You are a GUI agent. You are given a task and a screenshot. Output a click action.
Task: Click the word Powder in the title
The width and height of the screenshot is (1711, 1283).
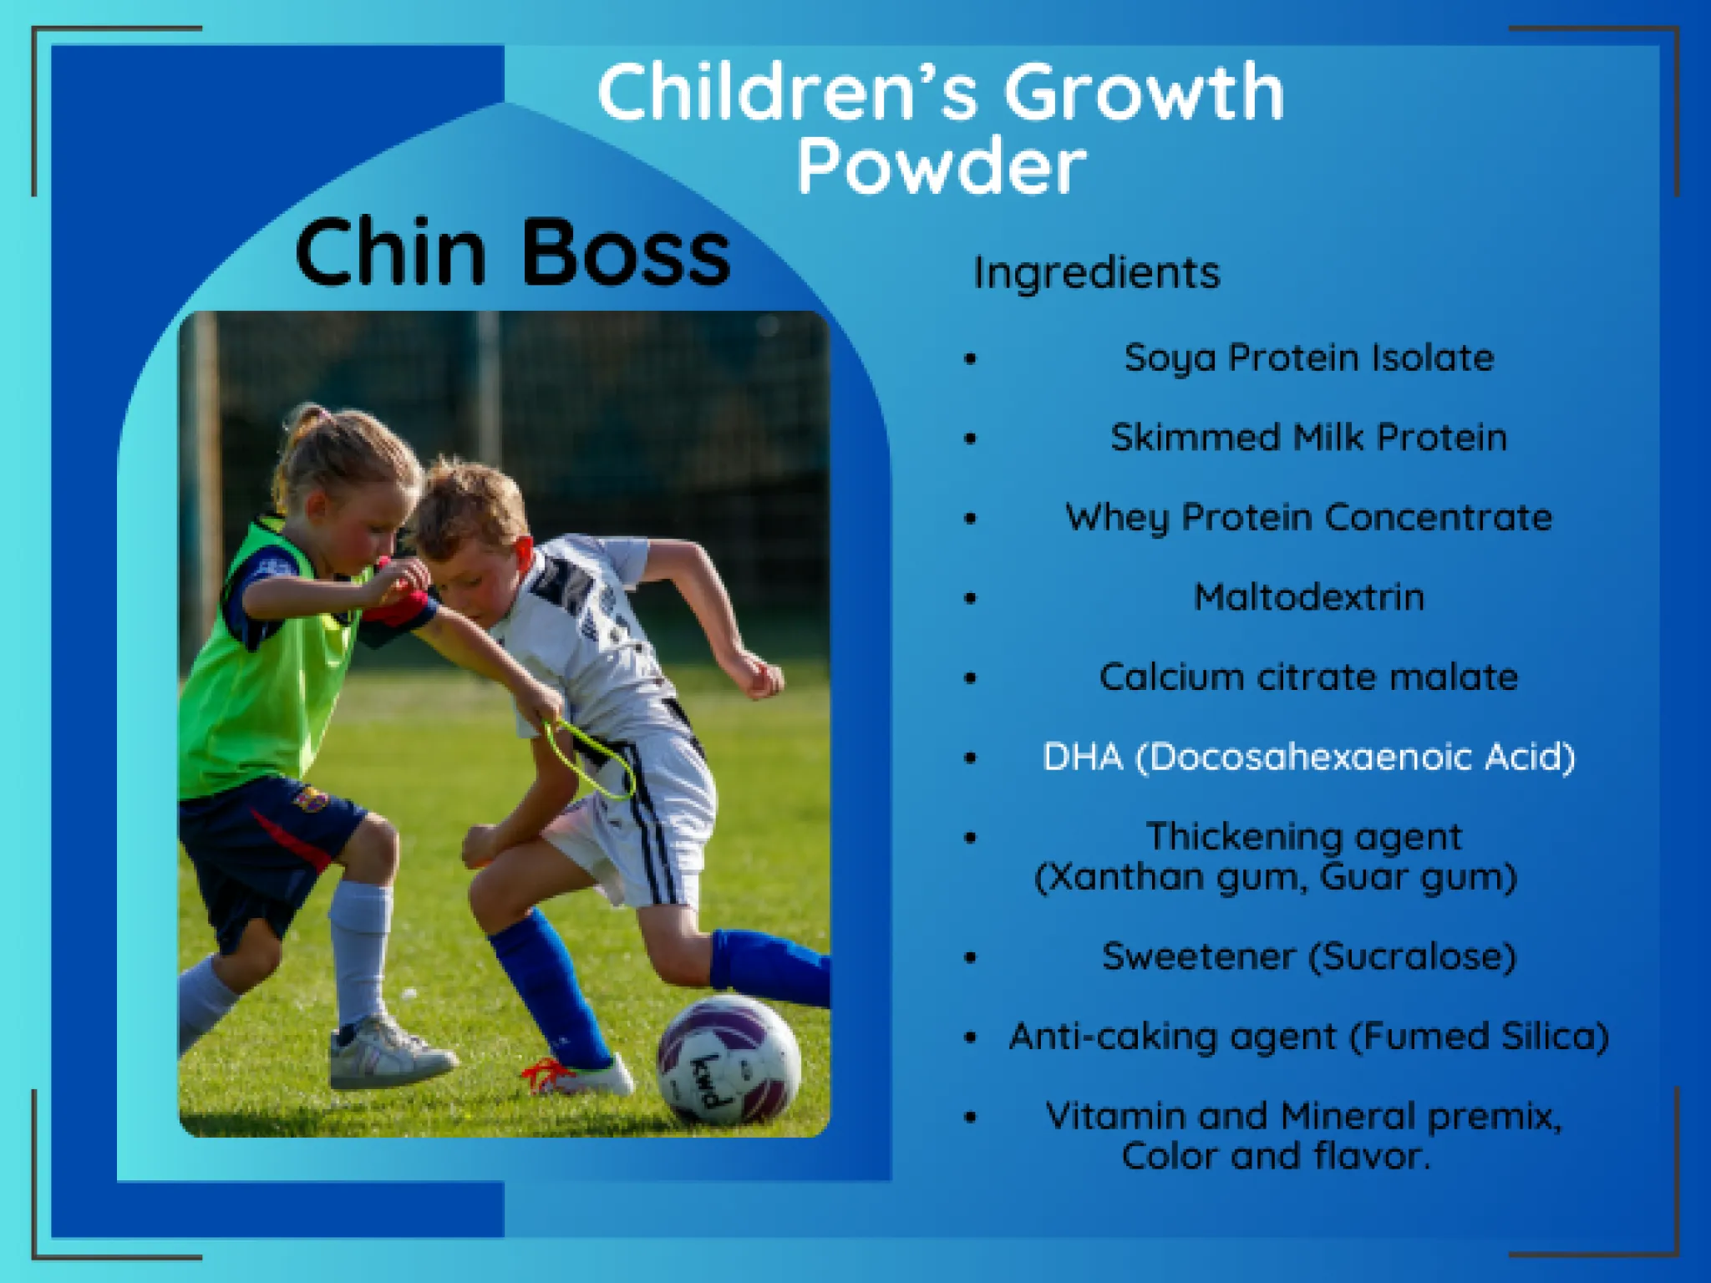tap(942, 168)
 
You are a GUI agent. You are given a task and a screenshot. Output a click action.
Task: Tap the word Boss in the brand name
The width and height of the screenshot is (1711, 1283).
tap(626, 252)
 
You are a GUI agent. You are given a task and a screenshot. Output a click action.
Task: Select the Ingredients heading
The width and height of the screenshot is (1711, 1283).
tap(1097, 274)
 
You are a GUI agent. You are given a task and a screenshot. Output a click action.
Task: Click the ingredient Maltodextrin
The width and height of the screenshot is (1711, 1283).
tap(1309, 597)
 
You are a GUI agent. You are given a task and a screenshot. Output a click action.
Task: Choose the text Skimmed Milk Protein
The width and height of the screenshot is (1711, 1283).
tap(1309, 437)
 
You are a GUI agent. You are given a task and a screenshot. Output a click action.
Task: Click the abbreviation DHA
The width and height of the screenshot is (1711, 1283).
tap(1083, 757)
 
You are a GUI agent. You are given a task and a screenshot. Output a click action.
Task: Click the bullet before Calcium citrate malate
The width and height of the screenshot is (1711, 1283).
tap(970, 677)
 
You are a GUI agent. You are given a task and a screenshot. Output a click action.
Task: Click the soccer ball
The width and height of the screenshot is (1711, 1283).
tap(729, 1059)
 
